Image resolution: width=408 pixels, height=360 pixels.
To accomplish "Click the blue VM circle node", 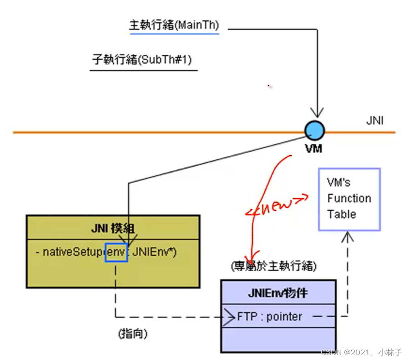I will pyautogui.click(x=314, y=130).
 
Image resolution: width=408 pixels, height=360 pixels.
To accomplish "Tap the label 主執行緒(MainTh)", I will pyautogui.click(x=174, y=26).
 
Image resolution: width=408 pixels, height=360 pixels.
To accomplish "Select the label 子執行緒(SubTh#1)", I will pyautogui.click(x=142, y=60).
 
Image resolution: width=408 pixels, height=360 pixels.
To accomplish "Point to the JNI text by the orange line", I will pyautogui.click(x=374, y=121).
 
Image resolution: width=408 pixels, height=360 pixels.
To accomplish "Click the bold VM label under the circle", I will pyautogui.click(x=314, y=149).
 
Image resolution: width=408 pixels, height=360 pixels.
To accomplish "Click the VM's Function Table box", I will pyautogui.click(x=349, y=199).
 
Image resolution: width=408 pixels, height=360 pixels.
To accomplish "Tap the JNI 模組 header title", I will pyautogui.click(x=113, y=229).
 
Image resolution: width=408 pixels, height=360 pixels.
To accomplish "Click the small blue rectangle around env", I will pyautogui.click(x=117, y=252).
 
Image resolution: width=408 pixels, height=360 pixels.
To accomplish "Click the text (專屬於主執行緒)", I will pyautogui.click(x=273, y=266).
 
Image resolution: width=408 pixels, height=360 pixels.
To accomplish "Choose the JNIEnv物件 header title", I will pyautogui.click(x=278, y=293).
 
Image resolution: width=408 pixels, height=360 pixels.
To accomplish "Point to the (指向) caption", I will pyautogui.click(x=132, y=334).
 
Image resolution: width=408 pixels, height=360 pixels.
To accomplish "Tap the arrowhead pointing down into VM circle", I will pyautogui.click(x=317, y=113).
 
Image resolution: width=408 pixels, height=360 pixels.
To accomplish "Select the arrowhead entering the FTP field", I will pyautogui.click(x=231, y=317).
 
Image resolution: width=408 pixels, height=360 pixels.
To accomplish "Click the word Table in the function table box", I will pyautogui.click(x=341, y=214).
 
